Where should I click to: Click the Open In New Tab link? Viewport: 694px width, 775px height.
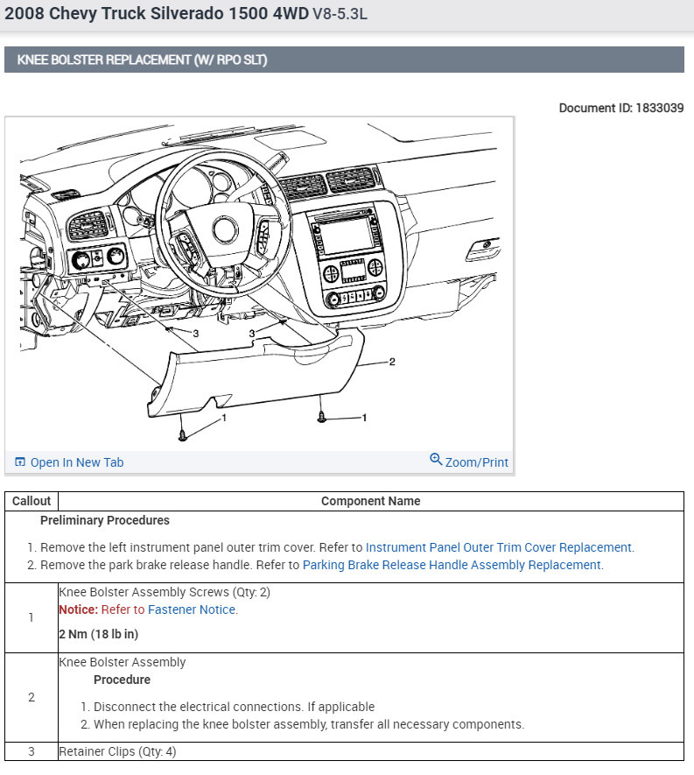click(76, 462)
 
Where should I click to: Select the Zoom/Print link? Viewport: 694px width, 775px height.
click(475, 462)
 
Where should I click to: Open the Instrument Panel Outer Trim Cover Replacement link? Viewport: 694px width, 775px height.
click(498, 547)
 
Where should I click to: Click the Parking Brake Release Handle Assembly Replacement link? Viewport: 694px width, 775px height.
click(452, 565)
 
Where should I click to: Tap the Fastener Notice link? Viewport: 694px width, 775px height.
click(191, 609)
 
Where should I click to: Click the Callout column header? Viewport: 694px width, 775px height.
click(32, 501)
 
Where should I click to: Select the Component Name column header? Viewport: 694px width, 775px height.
click(370, 501)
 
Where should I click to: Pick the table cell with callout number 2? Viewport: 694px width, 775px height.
click(32, 697)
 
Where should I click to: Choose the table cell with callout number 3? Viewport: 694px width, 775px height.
click(32, 751)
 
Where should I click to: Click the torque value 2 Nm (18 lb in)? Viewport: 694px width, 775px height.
click(99, 634)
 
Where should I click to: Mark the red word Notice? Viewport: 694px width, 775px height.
click(78, 609)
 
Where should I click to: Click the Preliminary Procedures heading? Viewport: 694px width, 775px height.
click(105, 520)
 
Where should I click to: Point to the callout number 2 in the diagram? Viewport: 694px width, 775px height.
click(391, 361)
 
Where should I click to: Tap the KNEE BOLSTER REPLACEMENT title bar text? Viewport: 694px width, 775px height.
click(142, 60)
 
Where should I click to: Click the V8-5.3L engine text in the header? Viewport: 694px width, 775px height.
click(348, 15)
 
